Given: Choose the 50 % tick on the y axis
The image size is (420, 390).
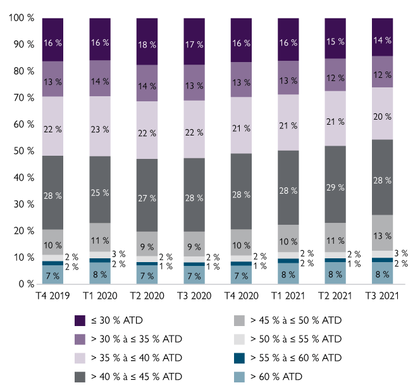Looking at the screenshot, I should [25, 151].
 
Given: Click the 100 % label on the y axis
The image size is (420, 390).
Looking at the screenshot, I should [22, 18].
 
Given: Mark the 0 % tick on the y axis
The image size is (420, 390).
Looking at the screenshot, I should [27, 284].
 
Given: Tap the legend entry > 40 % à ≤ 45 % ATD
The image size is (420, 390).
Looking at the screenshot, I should [137, 377].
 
